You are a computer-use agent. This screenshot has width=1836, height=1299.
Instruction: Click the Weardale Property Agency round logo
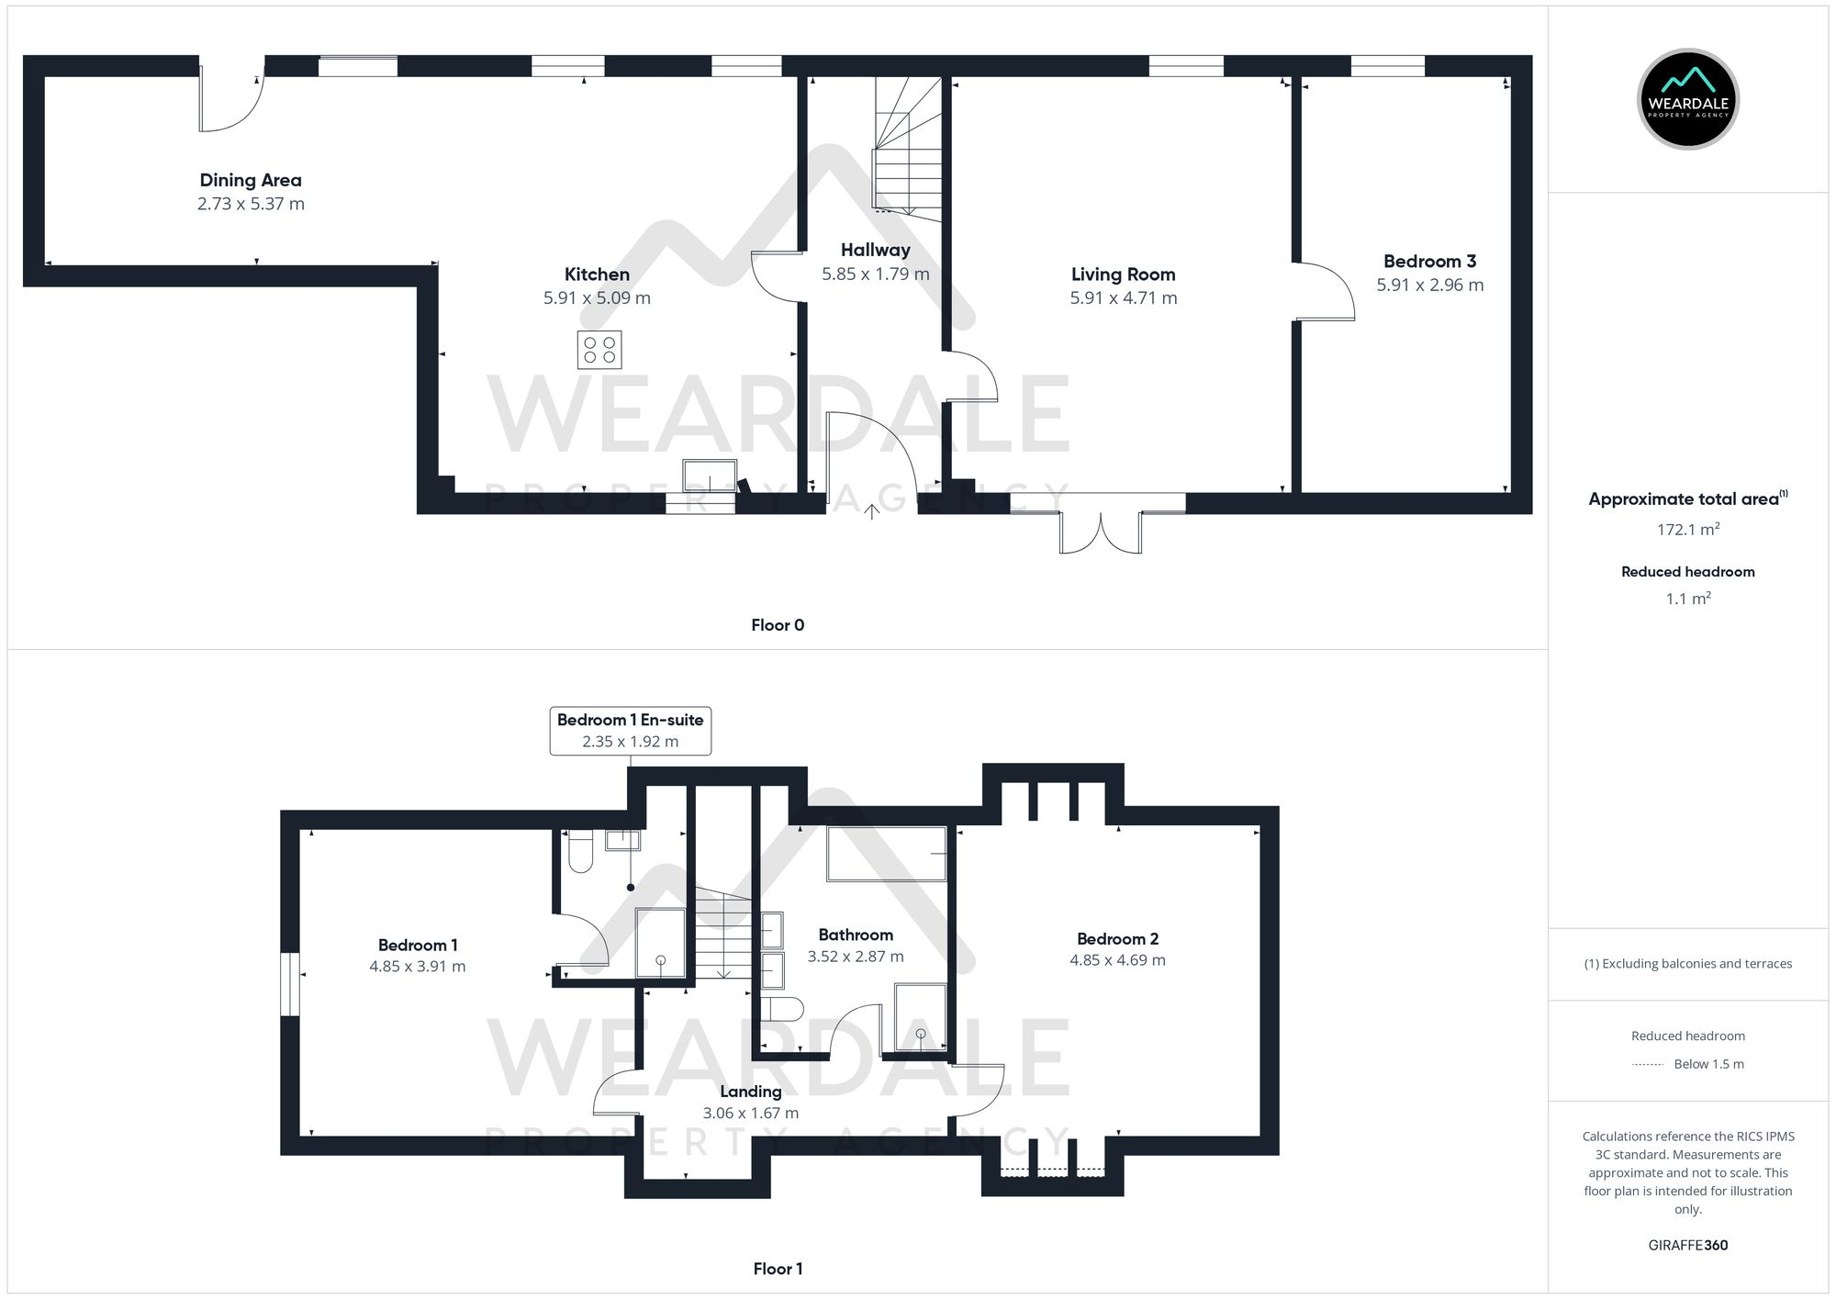[1687, 99]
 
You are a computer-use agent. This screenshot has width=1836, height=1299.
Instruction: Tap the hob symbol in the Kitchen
[599, 350]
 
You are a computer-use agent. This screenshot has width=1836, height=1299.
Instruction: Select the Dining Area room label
[251, 180]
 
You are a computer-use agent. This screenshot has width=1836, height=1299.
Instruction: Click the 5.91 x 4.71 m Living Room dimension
[1123, 297]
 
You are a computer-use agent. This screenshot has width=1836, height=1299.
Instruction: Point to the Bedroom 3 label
[1429, 262]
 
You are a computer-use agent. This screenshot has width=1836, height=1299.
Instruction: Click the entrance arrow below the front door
[871, 511]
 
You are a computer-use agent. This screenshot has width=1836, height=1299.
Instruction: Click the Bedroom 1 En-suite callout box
[630, 731]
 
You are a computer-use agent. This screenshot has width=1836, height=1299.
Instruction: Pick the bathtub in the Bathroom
[886, 854]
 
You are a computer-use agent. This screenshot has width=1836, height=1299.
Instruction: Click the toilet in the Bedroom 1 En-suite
[580, 851]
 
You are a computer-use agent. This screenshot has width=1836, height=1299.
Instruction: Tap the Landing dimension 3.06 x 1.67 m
[750, 1113]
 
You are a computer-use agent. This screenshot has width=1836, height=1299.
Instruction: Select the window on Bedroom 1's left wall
[290, 984]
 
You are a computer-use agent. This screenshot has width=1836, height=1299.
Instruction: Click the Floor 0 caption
[777, 625]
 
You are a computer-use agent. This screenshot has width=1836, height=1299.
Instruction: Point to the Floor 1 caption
[777, 1269]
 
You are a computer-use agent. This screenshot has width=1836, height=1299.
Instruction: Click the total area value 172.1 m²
[1687, 530]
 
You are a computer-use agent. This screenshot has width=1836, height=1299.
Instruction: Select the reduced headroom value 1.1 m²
[1687, 599]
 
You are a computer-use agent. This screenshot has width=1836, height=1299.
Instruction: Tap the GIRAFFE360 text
[1687, 1245]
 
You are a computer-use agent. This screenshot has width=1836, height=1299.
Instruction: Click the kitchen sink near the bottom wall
[710, 476]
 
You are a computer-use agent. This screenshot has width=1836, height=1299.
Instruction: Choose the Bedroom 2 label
[1117, 938]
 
